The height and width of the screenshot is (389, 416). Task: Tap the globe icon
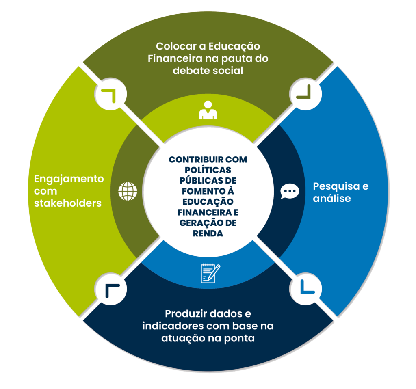click(128, 191)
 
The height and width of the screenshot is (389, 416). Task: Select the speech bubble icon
click(290, 191)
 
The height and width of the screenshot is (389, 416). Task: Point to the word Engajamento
click(69, 179)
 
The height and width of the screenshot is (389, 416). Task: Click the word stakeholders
click(68, 203)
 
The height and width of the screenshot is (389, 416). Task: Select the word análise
click(331, 199)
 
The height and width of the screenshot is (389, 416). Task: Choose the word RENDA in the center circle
click(208, 233)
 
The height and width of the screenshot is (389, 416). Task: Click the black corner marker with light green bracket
click(110, 95)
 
